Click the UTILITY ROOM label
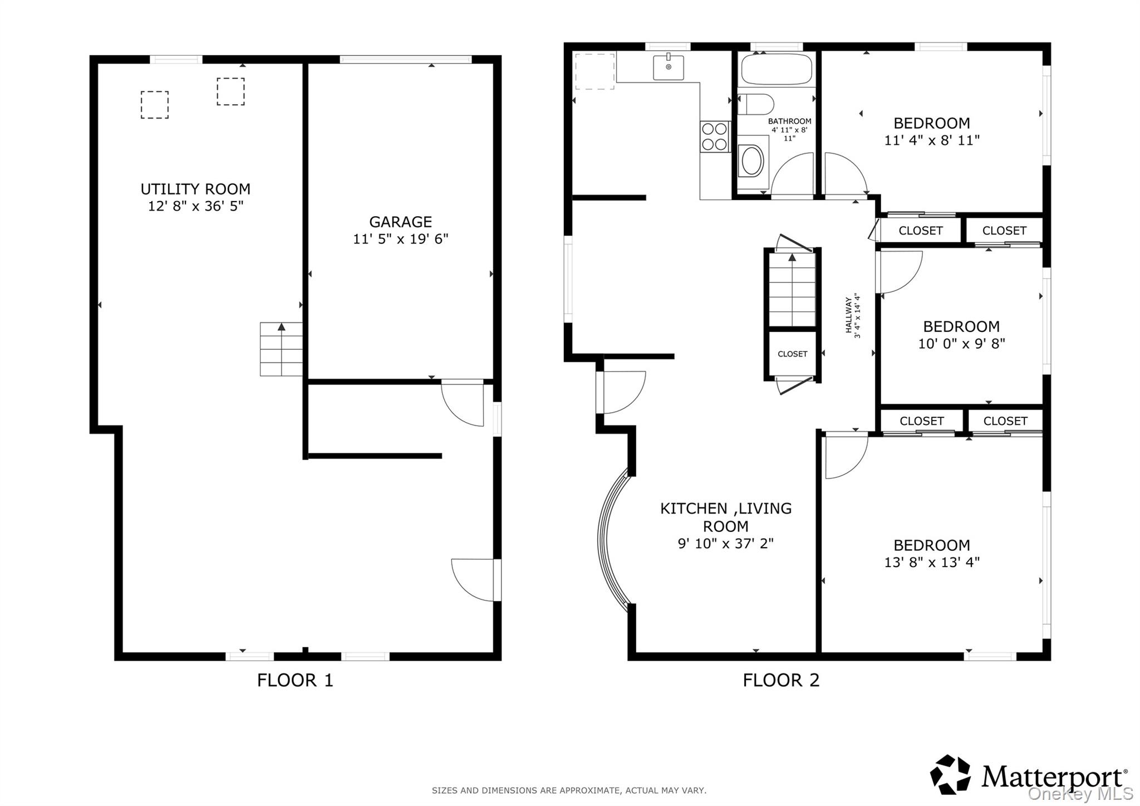[195, 189]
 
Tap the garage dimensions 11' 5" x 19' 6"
[400, 239]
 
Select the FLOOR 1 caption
[295, 680]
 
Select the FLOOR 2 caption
[781, 680]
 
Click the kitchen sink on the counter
[669, 67]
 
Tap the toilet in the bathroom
[756, 104]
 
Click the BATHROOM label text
[789, 121]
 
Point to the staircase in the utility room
[282, 349]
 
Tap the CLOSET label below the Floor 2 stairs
[792, 354]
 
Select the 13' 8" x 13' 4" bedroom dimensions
[932, 562]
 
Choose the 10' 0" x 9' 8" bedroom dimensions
[961, 344]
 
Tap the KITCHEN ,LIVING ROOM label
[725, 517]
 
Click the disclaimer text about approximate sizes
[569, 790]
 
